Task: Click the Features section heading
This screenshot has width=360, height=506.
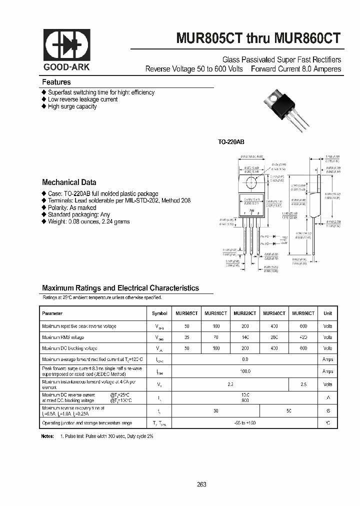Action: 56,82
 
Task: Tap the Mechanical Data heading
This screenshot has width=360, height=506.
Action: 69,182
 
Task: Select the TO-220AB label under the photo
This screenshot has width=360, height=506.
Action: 230,142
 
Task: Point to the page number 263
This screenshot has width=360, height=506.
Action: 201,484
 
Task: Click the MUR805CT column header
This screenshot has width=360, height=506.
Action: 186,313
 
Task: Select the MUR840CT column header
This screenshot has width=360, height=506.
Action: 274,313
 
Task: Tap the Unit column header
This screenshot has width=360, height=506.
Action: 327,313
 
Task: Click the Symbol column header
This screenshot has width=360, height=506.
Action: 160,313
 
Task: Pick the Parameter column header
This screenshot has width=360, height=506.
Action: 52,313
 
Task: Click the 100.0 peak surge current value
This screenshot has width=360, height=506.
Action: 245,371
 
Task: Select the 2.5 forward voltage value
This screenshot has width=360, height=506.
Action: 303,384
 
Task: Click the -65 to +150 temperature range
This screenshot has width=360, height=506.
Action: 245,423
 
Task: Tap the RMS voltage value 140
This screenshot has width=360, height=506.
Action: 245,337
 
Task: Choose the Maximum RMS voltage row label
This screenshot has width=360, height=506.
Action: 63,337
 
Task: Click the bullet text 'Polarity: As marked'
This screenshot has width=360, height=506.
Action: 72,207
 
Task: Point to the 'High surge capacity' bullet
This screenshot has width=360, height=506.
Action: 72,106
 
